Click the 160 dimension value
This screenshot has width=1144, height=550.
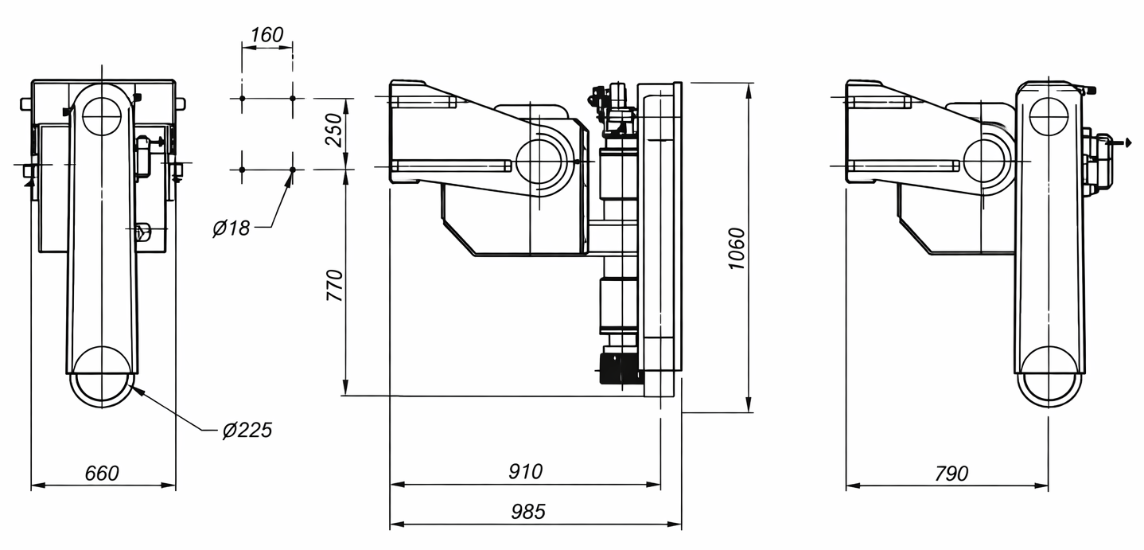coord(267,35)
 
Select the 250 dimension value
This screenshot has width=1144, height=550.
coord(334,131)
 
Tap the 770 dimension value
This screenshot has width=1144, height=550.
coord(335,285)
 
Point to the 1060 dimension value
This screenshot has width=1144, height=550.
coord(737,249)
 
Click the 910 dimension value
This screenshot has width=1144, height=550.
coord(526,471)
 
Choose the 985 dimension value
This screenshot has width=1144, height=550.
coord(528,511)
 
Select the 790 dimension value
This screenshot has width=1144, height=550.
coord(951,474)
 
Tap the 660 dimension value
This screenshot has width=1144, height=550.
coord(102,474)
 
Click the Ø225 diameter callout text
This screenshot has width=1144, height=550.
coord(247,431)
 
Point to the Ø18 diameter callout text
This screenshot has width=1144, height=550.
coord(232,228)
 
